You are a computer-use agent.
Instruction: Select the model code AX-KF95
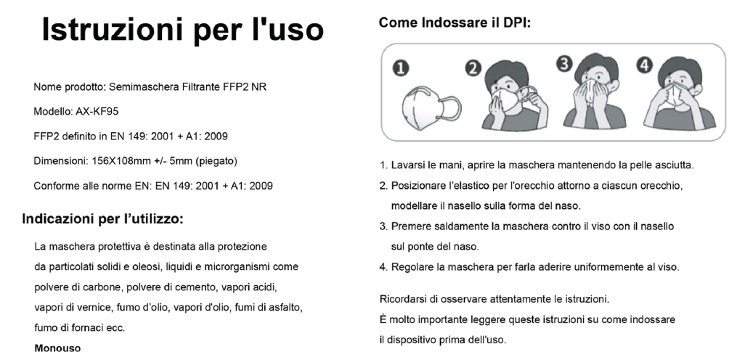pyautogui.click(x=97, y=112)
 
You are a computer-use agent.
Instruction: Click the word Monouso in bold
pyautogui.click(x=57, y=348)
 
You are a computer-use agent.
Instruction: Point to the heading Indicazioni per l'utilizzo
pyautogui.click(x=102, y=219)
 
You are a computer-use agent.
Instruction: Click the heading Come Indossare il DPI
pyautogui.click(x=455, y=22)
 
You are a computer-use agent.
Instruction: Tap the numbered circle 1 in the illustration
pyautogui.click(x=401, y=69)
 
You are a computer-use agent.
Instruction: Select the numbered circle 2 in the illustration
pyautogui.click(x=473, y=69)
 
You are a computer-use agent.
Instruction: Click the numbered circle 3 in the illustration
pyautogui.click(x=563, y=63)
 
